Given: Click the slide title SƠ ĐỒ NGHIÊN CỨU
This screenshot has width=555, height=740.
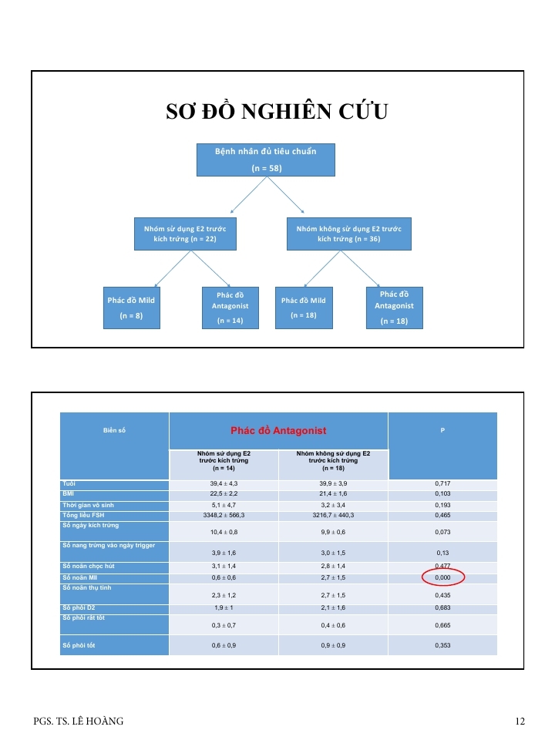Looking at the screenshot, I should coord(277,113).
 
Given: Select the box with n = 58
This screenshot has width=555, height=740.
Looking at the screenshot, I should coord(265,160).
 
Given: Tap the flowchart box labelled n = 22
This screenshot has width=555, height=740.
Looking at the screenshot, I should coord(185,234).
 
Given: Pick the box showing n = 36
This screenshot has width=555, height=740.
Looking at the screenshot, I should coord(348,234).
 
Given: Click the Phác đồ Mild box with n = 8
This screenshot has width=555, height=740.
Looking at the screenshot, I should coord(132,308).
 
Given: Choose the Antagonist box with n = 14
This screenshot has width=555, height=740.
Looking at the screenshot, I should coord(230,308).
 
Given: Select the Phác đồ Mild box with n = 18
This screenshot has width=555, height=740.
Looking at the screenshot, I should coord(304,308).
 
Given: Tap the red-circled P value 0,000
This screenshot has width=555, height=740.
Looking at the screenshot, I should coord(442,577).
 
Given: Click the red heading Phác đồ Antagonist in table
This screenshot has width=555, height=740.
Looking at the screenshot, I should coord(278,430).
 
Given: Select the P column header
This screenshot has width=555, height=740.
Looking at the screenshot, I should coord(442,430).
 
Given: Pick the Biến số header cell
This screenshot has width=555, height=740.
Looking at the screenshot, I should coord(114,430).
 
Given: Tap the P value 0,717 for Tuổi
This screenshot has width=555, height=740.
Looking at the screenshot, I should coord(442,484).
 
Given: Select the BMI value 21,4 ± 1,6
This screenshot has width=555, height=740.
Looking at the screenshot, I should coord(333,494).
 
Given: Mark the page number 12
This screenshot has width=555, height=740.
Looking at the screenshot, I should coord(520,721).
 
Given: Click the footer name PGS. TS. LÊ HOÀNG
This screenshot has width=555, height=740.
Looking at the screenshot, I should coord(79,721).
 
